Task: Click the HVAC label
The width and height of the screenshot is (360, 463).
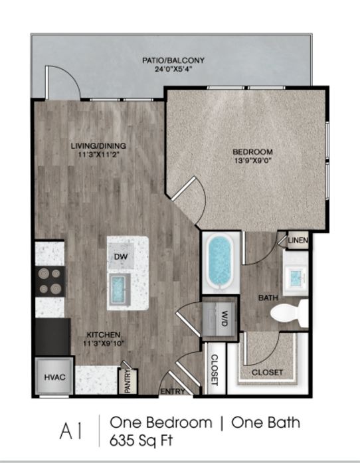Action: point(55,377)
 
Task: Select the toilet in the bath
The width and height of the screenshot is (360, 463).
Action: point(289,313)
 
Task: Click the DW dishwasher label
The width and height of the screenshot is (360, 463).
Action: point(121,256)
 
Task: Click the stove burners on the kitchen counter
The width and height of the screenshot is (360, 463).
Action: point(50,281)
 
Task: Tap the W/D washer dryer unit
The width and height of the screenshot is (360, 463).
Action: point(220,319)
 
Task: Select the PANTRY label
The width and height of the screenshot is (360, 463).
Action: point(128,381)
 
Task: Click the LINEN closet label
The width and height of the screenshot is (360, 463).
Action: point(298,240)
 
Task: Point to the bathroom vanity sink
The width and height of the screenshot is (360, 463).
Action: point(296,277)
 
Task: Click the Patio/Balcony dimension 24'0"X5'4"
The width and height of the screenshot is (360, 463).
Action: point(173,70)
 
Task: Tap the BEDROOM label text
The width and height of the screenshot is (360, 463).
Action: point(252,151)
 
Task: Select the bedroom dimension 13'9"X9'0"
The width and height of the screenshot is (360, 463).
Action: point(253,161)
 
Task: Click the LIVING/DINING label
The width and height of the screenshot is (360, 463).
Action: point(98,145)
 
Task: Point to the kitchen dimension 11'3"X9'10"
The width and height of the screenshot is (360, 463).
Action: point(103,343)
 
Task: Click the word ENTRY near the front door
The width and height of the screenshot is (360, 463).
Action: point(173,391)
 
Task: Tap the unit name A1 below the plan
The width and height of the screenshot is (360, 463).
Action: point(70,431)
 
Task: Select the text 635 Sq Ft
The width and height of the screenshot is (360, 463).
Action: point(141,441)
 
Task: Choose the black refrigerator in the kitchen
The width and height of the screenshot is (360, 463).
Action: point(53,337)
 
